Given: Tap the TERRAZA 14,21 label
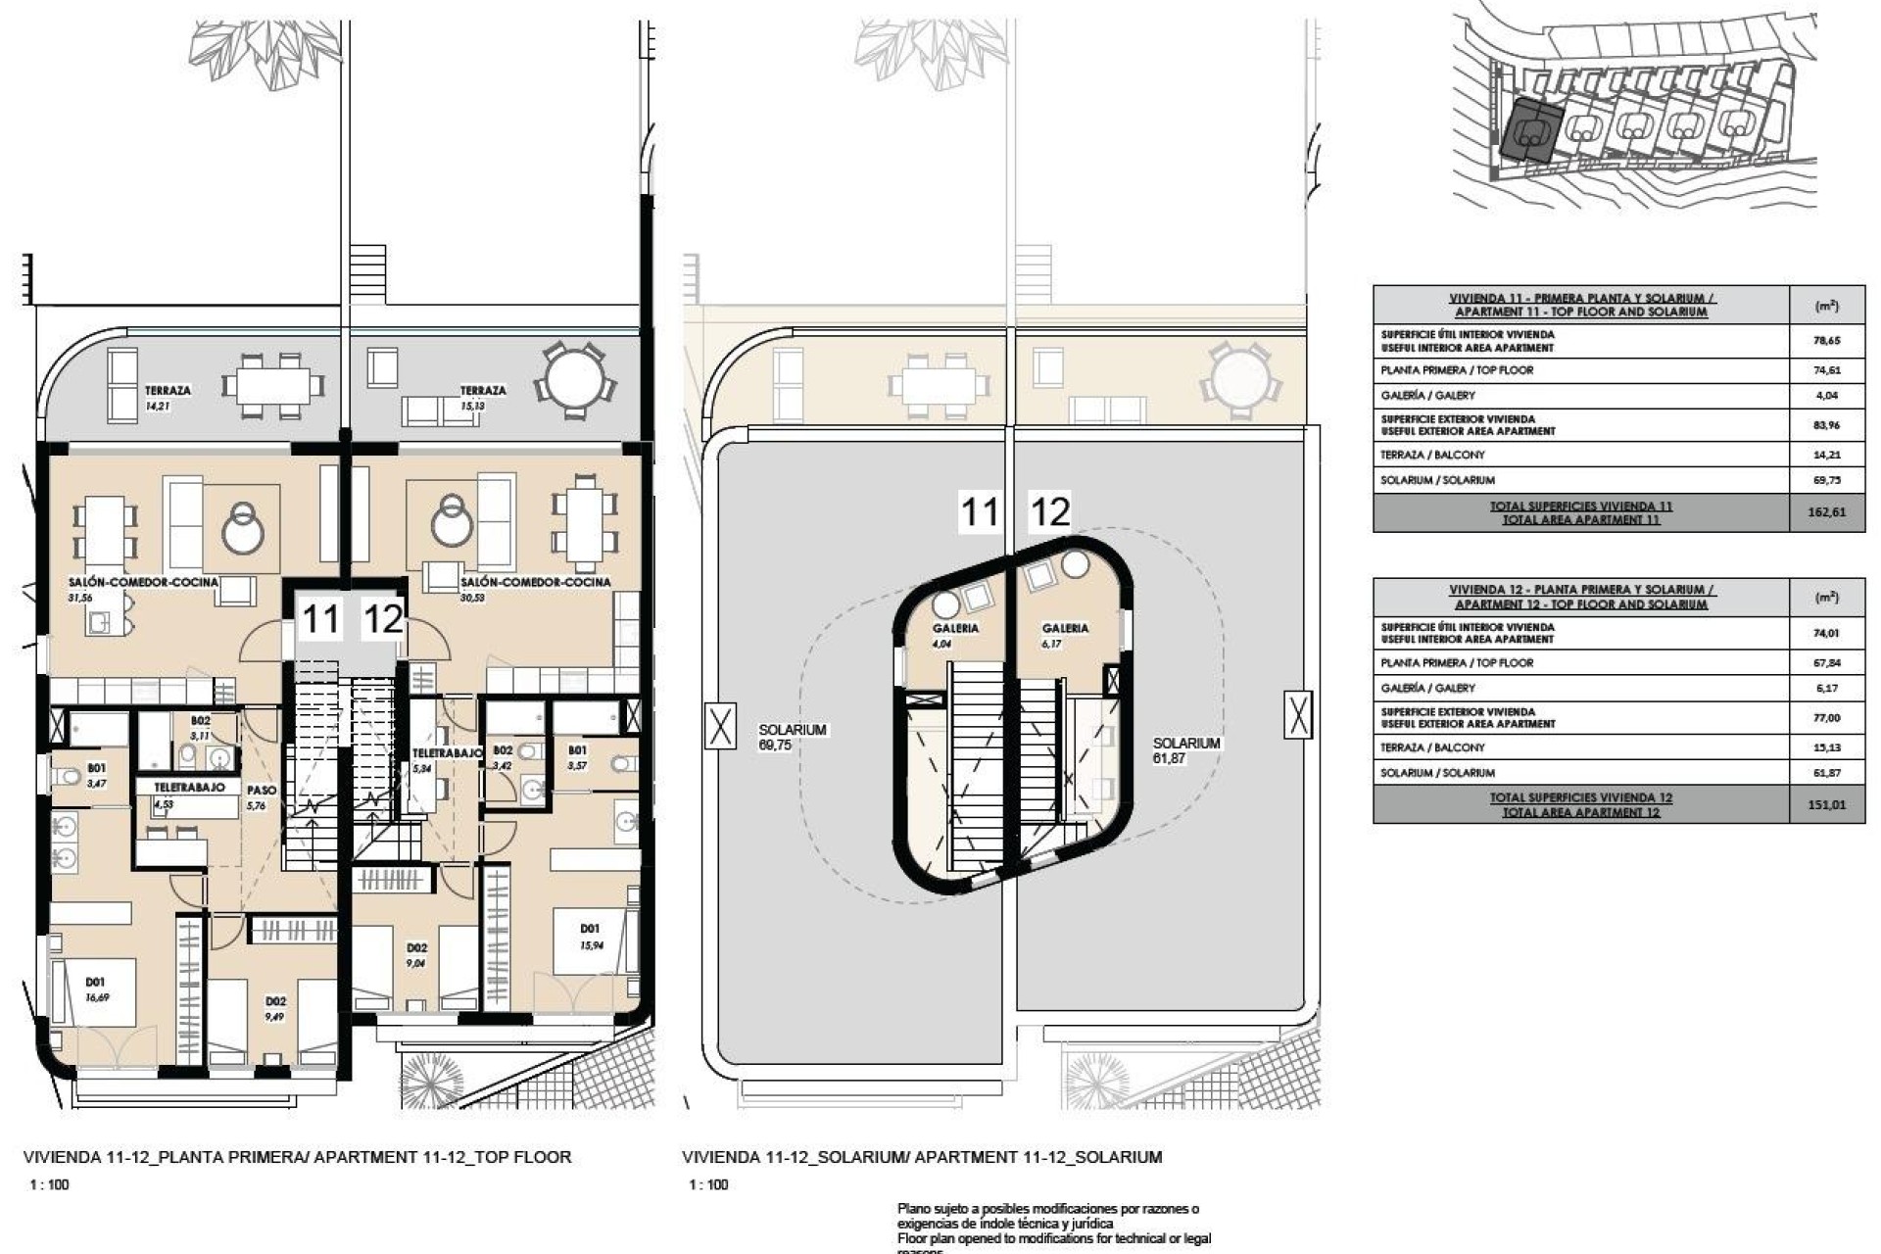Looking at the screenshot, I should [168, 397].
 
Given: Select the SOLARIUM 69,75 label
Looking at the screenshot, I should [793, 737].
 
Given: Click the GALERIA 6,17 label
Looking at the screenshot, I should [1065, 635].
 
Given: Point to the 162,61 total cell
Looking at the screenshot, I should [1826, 512].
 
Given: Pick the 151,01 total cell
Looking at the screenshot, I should [1826, 804].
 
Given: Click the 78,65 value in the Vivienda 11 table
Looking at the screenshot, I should [1826, 340].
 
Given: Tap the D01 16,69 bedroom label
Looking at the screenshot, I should [96, 989].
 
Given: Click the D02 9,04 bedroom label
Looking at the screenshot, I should [417, 954].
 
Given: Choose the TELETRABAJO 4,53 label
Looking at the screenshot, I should [189, 794].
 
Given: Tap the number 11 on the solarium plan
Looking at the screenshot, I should [979, 512].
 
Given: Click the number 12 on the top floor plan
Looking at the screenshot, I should [382, 619].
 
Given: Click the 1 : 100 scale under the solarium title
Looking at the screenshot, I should [707, 1184].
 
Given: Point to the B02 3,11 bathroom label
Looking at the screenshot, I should [200, 727].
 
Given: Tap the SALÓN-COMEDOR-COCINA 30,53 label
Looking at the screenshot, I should [535, 588].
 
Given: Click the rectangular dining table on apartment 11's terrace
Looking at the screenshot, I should [272, 382].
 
